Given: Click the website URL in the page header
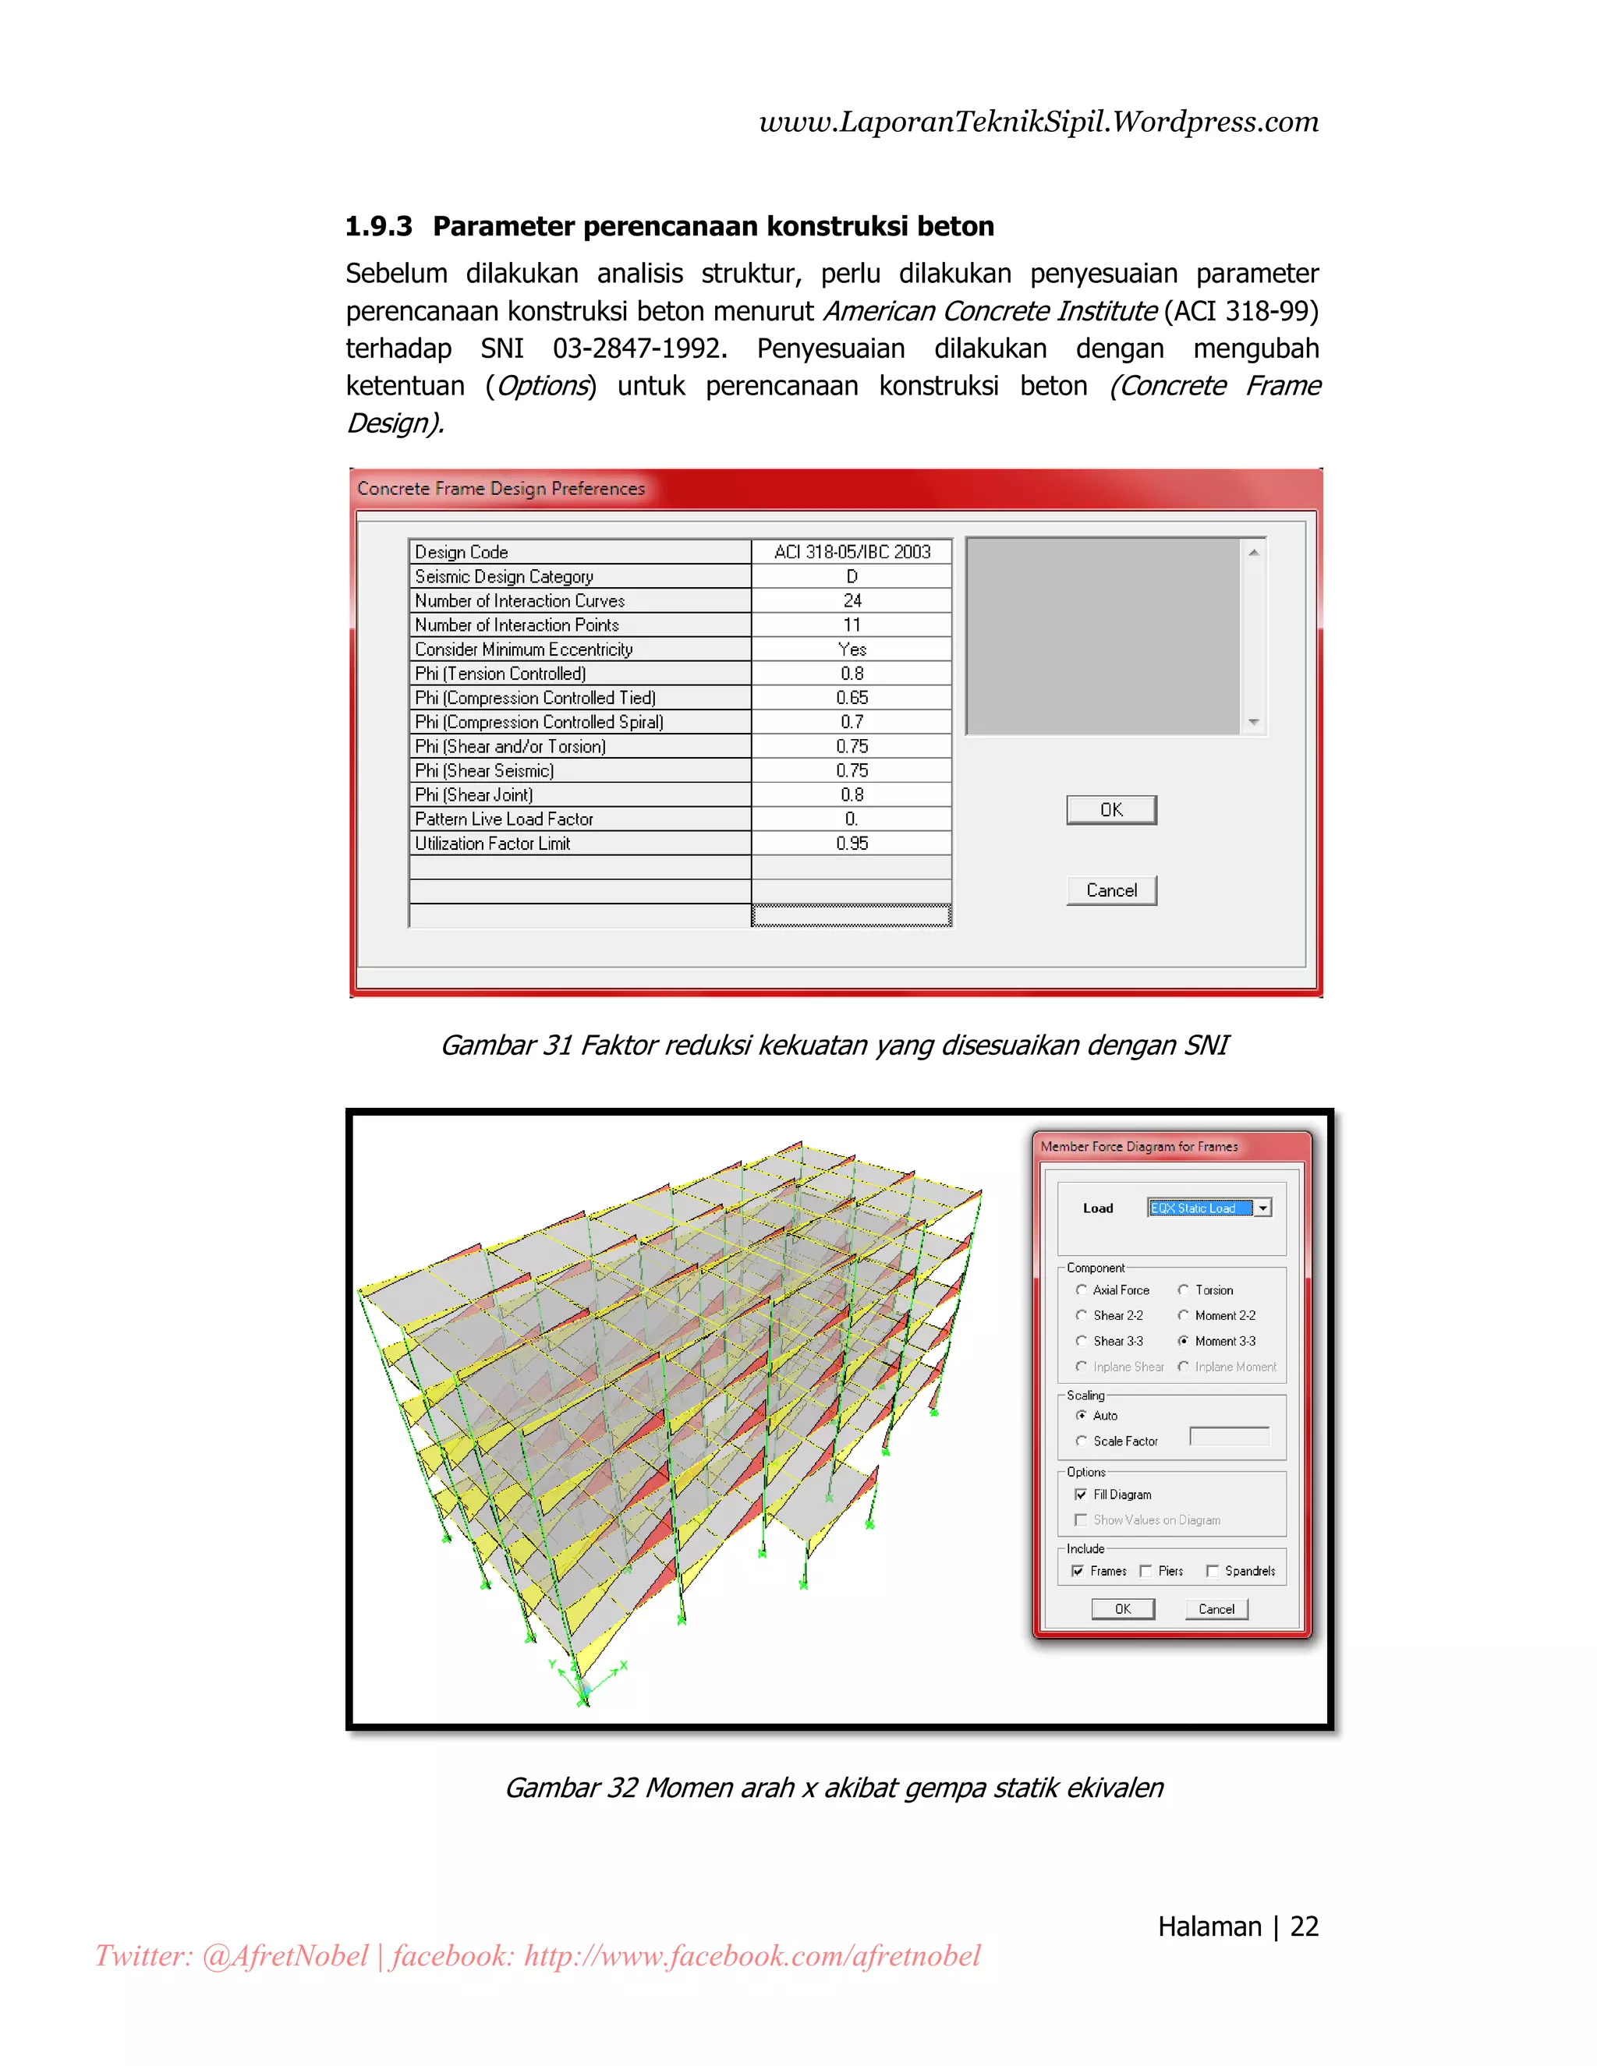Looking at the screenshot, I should coord(1038,122).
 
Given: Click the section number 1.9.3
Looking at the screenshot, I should coord(378,227).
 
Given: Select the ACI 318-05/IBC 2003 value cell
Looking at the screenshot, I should coord(852,551).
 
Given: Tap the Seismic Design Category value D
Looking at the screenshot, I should coord(852,576).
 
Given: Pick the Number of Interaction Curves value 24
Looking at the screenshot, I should coord(852,600).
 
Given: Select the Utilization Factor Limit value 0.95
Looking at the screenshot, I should coord(852,844).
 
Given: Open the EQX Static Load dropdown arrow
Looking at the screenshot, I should coord(1263,1208).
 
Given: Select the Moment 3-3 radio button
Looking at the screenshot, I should coord(1183,1342).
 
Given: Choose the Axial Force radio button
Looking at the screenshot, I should coord(1082,1290).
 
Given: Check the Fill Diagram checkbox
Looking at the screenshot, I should coord(1081,1495).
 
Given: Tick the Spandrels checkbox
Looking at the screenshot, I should coord(1212,1571).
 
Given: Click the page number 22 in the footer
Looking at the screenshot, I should coord(1304,1927).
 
